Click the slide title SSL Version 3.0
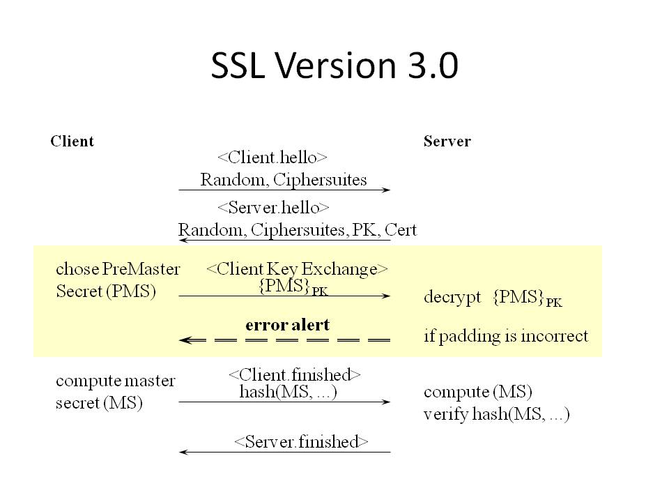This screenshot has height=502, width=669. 334,66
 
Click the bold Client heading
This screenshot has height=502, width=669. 72,142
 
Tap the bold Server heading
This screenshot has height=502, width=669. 447,142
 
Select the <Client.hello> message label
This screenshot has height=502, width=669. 272,158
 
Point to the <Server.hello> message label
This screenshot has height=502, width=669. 273,208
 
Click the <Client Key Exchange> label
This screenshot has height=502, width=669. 297,269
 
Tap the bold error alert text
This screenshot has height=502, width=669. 288,325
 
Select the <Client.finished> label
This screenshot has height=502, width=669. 294,375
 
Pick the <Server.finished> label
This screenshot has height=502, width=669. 301,441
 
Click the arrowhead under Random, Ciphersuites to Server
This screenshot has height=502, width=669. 385,190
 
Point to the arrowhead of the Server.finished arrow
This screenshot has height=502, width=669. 183,452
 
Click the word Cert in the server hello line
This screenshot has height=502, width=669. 400,229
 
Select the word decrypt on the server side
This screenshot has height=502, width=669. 452,297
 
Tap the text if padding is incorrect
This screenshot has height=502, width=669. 506,336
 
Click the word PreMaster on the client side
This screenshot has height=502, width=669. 141,269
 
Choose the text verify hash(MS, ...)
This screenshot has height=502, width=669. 497,414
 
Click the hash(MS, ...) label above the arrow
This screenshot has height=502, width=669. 288,391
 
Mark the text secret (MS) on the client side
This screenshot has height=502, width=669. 99,402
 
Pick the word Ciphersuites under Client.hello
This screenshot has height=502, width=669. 320,180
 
